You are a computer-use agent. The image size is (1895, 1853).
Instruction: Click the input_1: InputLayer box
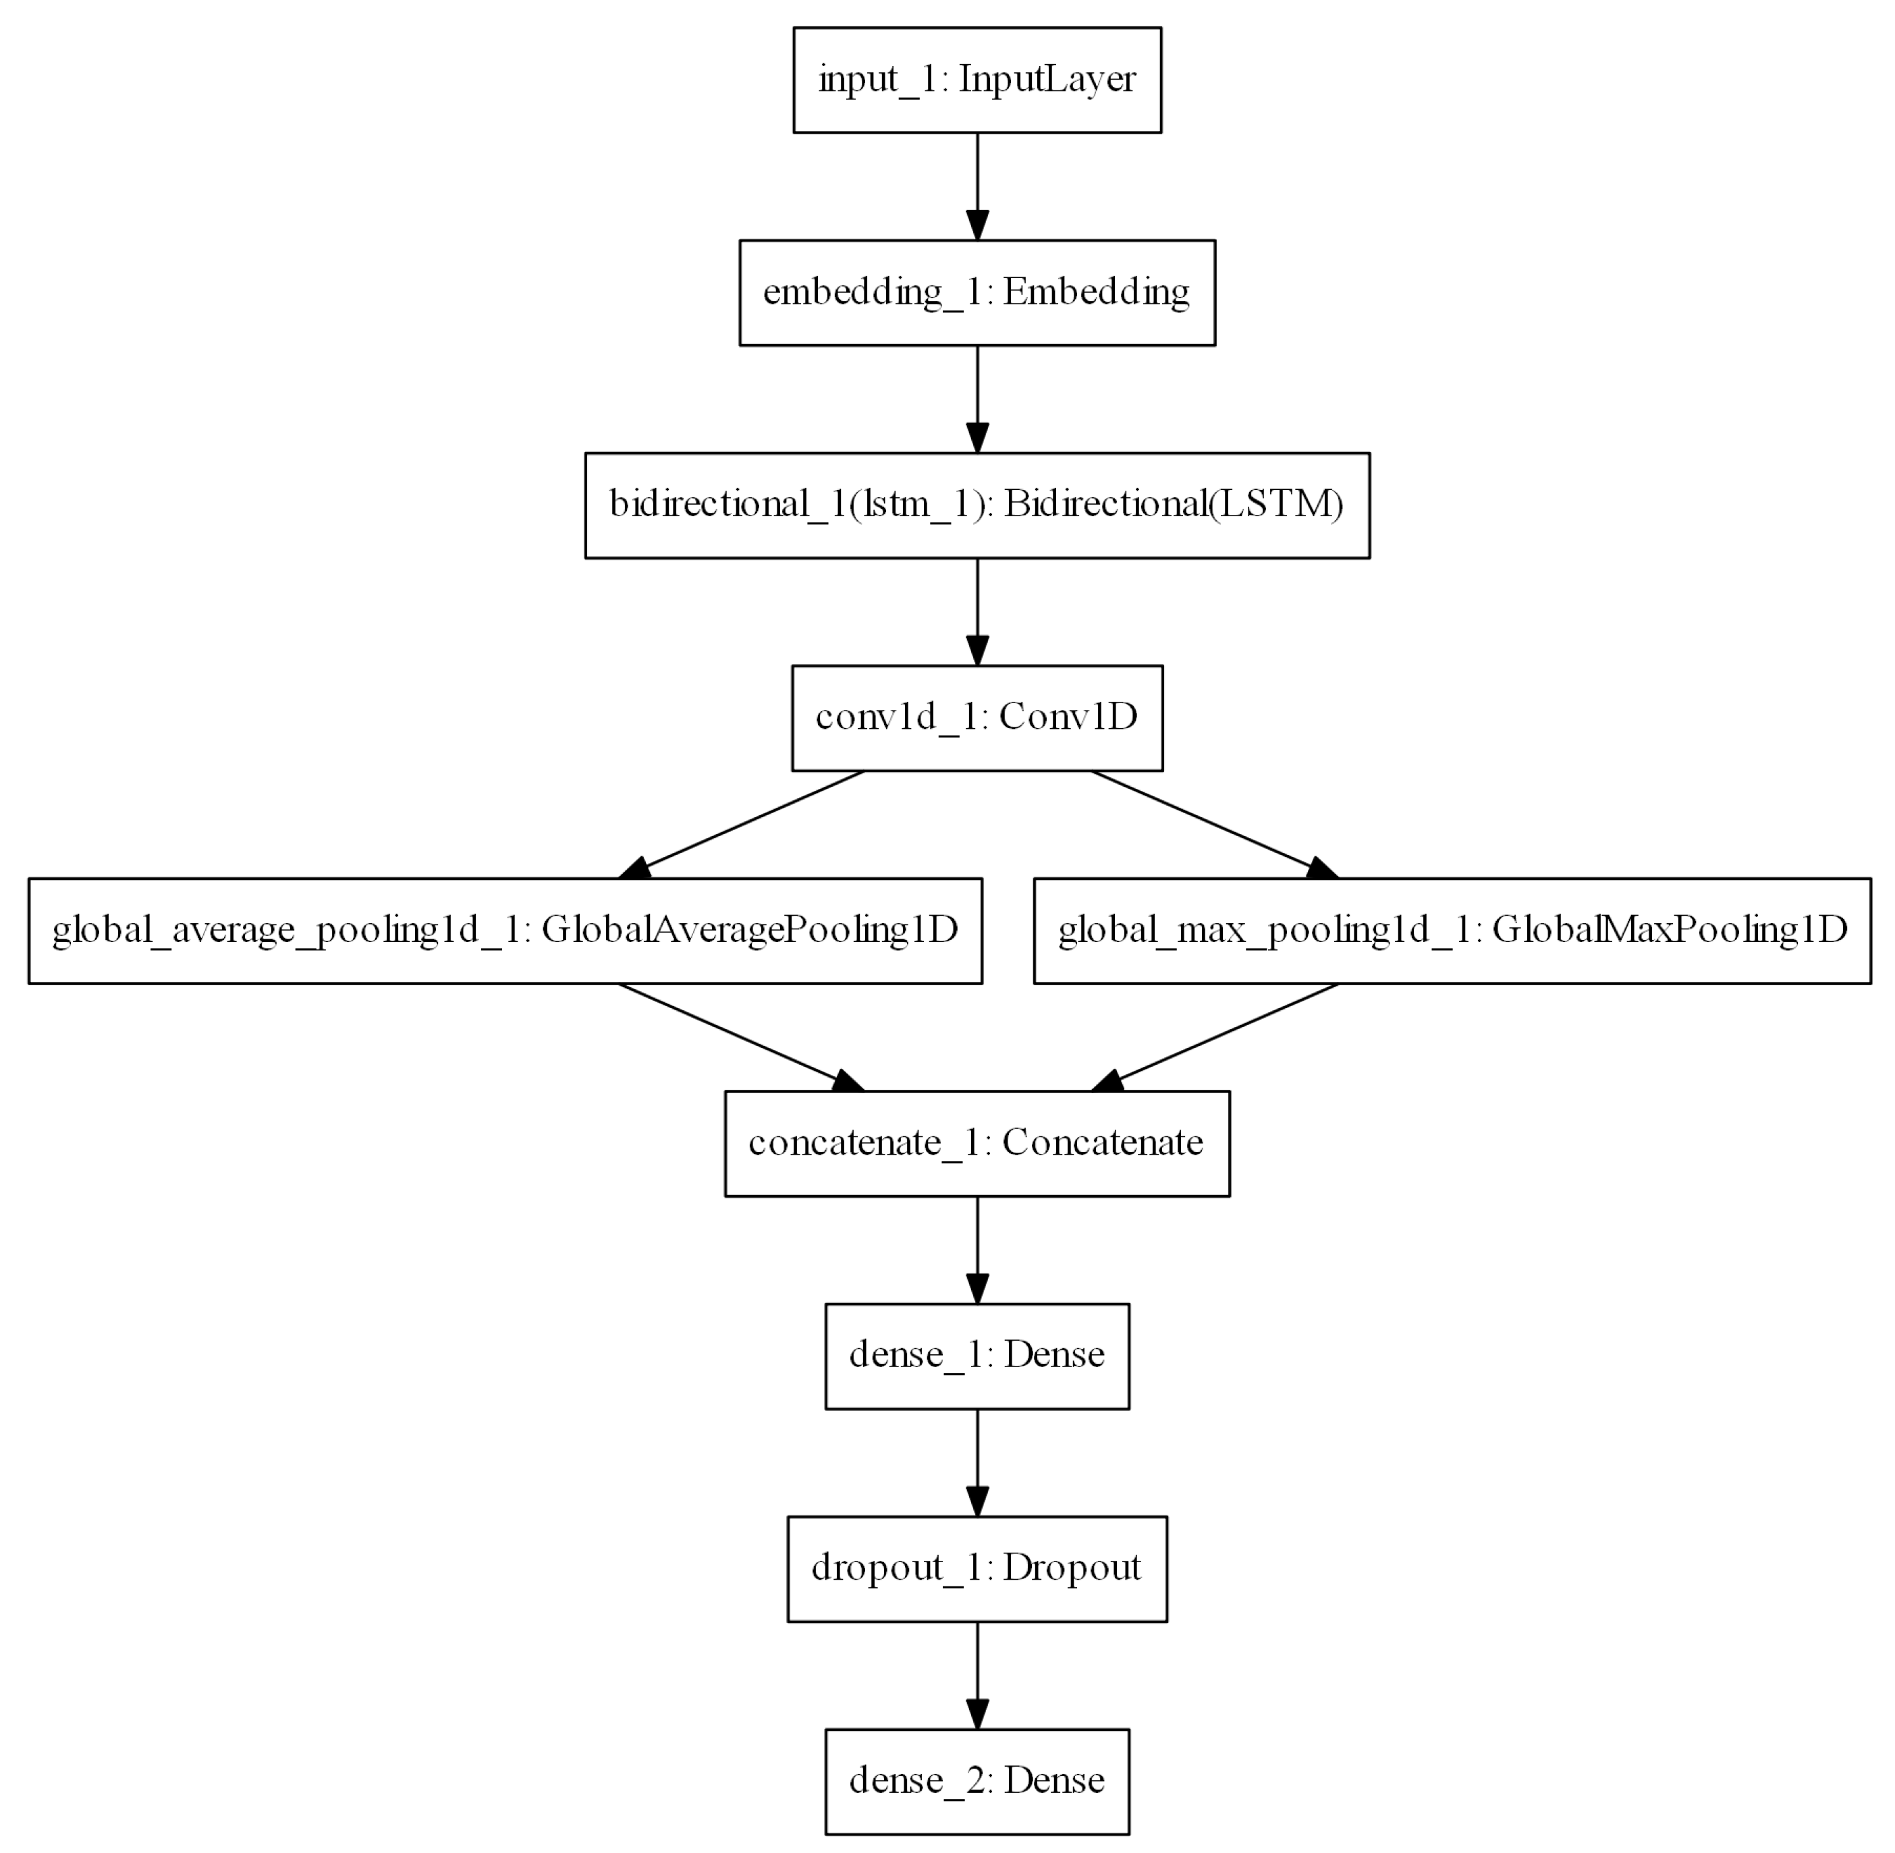point(977,80)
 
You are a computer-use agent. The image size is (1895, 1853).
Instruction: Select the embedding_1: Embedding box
point(977,292)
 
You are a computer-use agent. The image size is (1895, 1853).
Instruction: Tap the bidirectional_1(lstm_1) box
point(977,505)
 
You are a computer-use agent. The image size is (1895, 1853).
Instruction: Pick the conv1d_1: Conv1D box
point(977,718)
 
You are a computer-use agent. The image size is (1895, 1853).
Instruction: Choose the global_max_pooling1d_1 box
point(1451,931)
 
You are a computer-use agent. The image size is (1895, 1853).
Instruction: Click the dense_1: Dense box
point(977,1356)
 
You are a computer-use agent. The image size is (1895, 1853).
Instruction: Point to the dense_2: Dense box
point(977,1781)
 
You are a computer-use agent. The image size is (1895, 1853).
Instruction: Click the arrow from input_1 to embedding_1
point(977,185)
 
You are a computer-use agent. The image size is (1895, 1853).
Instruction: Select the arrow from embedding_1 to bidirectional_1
point(977,397)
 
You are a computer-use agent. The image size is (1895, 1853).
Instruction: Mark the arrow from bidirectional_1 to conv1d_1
point(977,610)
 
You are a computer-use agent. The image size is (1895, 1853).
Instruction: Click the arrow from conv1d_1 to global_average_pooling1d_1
point(750,821)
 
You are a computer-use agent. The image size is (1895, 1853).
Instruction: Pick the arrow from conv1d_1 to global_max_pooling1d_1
point(1207,821)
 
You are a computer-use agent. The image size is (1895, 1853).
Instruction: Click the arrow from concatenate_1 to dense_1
point(977,1248)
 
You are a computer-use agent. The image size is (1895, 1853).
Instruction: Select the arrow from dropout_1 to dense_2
point(977,1674)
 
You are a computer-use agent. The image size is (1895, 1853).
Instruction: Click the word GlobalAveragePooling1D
point(750,931)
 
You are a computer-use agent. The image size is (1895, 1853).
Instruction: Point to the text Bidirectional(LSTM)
point(1174,505)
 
